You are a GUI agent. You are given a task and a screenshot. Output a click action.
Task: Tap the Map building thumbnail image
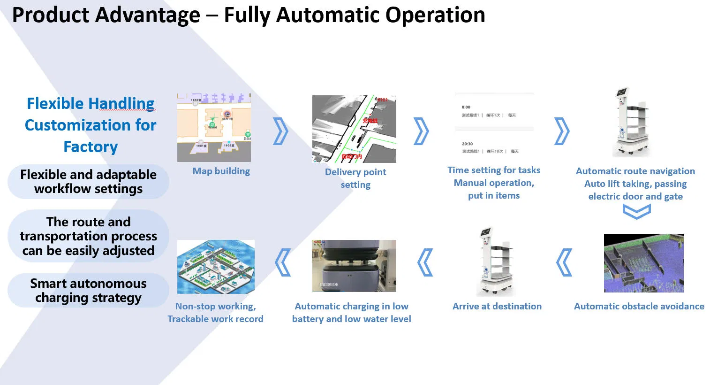[214, 127]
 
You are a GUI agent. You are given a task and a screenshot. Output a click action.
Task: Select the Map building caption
[221, 171]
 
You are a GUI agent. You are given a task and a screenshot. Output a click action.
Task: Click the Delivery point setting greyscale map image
[354, 129]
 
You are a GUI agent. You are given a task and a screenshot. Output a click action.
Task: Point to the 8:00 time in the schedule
[466, 107]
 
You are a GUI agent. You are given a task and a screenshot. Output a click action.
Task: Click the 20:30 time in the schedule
[467, 144]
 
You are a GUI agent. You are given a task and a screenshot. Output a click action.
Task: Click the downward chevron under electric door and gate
[636, 212]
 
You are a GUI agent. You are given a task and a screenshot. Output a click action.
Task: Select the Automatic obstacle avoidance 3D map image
[643, 263]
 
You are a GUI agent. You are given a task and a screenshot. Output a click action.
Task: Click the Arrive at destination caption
[497, 306]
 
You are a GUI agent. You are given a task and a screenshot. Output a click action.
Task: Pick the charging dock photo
[354, 266]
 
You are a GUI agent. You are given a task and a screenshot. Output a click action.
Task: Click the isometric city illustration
[216, 267]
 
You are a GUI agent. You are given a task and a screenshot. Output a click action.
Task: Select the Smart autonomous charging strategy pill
[88, 291]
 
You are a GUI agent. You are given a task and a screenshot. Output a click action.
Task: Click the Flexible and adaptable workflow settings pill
[88, 182]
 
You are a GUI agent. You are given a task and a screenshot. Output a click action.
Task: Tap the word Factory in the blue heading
[91, 146]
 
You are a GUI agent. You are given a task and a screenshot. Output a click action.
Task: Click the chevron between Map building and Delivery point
[280, 131]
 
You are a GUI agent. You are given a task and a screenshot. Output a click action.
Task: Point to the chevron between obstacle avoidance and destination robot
[564, 262]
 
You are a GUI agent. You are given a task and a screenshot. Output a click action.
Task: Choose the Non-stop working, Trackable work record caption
[215, 312]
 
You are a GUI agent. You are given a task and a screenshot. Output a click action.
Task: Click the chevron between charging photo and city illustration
[283, 262]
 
